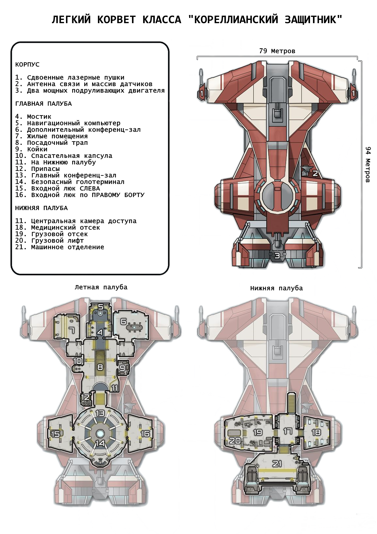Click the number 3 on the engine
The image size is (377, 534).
[277, 256]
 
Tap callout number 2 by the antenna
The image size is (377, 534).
[315, 173]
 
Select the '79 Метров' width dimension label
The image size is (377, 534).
[277, 51]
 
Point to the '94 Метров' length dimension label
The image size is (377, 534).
[368, 164]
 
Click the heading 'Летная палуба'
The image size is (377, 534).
[101, 287]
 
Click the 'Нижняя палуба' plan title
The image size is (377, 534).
[276, 288]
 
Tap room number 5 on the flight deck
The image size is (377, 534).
[101, 307]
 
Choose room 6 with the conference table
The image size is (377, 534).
[123, 321]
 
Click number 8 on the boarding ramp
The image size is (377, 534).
[100, 367]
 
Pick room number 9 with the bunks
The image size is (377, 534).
[122, 368]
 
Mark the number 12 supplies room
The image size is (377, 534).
[85, 397]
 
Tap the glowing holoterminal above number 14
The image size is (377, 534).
[100, 433]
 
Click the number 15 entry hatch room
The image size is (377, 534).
[55, 434]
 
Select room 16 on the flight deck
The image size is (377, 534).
[145, 434]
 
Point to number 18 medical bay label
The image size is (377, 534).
[316, 432]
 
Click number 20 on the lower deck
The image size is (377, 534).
[235, 441]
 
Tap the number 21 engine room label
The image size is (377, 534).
[277, 463]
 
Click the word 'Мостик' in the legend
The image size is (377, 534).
[39, 117]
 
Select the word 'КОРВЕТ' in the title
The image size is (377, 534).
[116, 20]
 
